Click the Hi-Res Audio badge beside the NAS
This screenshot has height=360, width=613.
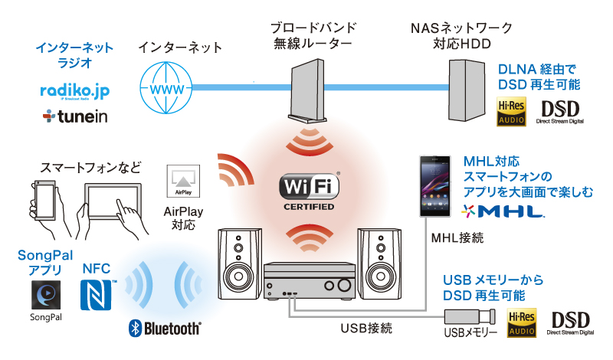point(511,109)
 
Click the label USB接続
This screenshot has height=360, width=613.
point(366,329)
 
